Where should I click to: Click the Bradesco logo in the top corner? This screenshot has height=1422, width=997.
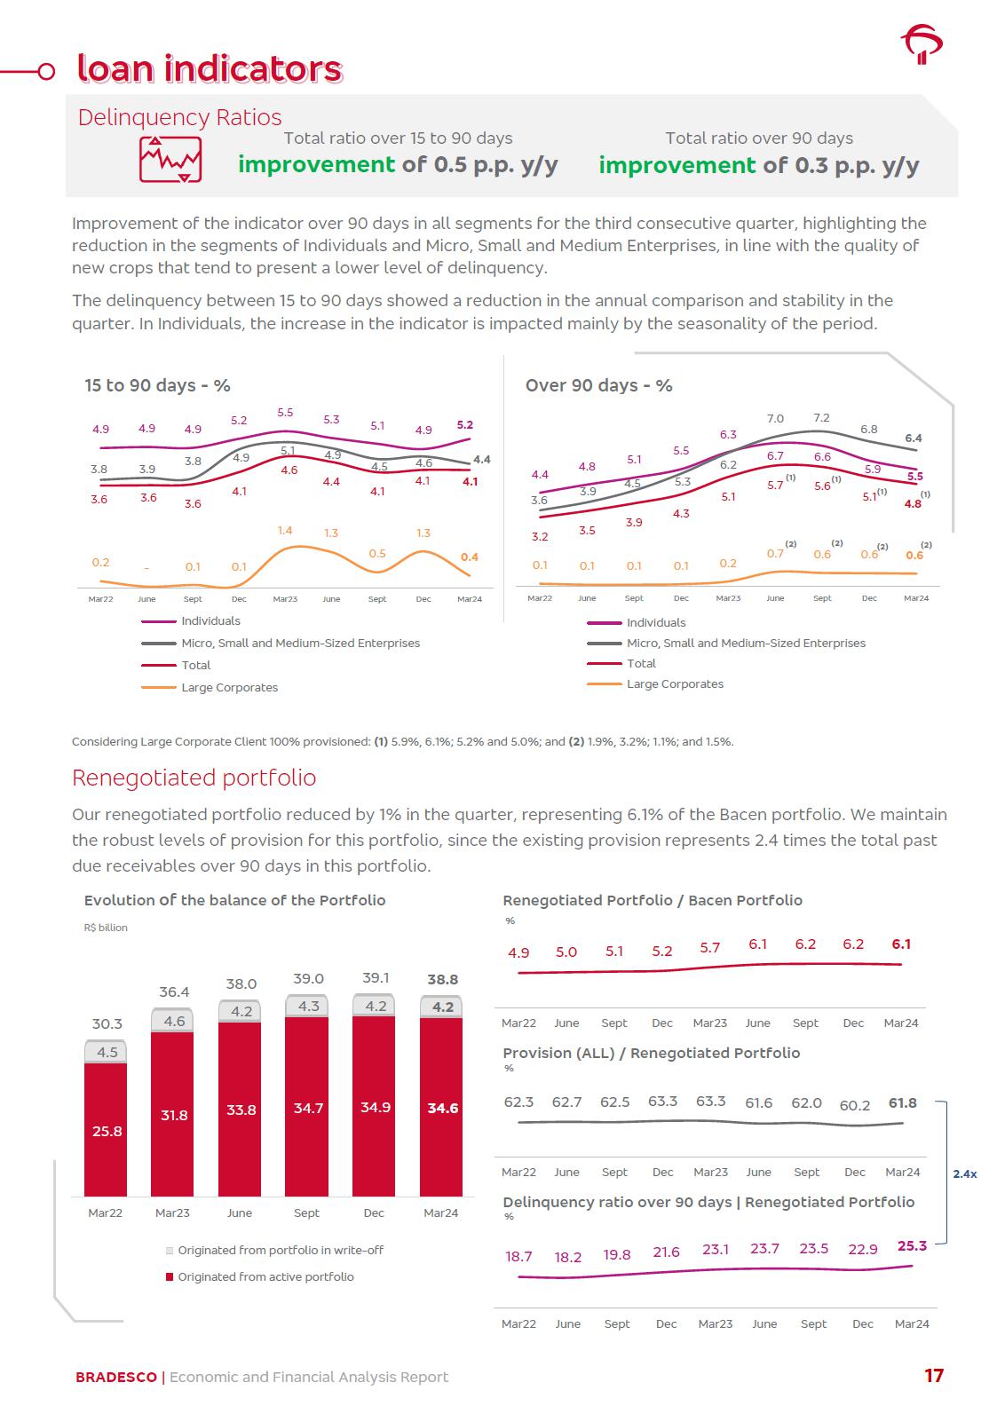tap(922, 44)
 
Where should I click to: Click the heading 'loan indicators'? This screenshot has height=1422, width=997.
tap(210, 69)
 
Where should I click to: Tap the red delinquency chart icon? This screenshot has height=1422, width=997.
tap(170, 160)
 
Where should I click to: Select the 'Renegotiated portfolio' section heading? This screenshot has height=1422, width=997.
tap(194, 778)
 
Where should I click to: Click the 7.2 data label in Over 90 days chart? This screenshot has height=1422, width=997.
tap(821, 418)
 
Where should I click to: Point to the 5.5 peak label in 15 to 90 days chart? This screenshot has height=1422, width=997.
tap(285, 413)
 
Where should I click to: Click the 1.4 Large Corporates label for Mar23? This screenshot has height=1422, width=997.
tap(285, 531)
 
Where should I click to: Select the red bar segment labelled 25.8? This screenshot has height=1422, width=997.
tap(107, 1131)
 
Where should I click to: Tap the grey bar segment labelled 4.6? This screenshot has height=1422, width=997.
tap(174, 1021)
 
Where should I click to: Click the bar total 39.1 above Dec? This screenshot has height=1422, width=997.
tap(376, 978)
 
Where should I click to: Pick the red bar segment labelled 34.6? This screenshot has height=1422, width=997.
tap(442, 1108)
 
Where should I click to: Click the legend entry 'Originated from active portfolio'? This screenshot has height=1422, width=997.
tap(265, 1277)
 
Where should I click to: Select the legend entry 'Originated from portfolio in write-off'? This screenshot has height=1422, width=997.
tap(280, 1251)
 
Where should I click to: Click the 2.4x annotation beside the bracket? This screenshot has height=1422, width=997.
tap(964, 1173)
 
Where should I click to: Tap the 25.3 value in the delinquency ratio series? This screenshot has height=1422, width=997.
tap(912, 1246)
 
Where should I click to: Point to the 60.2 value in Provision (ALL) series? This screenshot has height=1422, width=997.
tap(854, 1105)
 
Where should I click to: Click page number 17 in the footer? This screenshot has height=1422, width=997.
tap(933, 1376)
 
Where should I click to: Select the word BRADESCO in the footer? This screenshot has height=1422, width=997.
tap(115, 1378)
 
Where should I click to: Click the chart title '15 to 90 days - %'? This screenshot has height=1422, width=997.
tap(157, 385)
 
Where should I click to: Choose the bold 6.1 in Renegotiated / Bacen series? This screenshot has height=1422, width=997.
tap(901, 944)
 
